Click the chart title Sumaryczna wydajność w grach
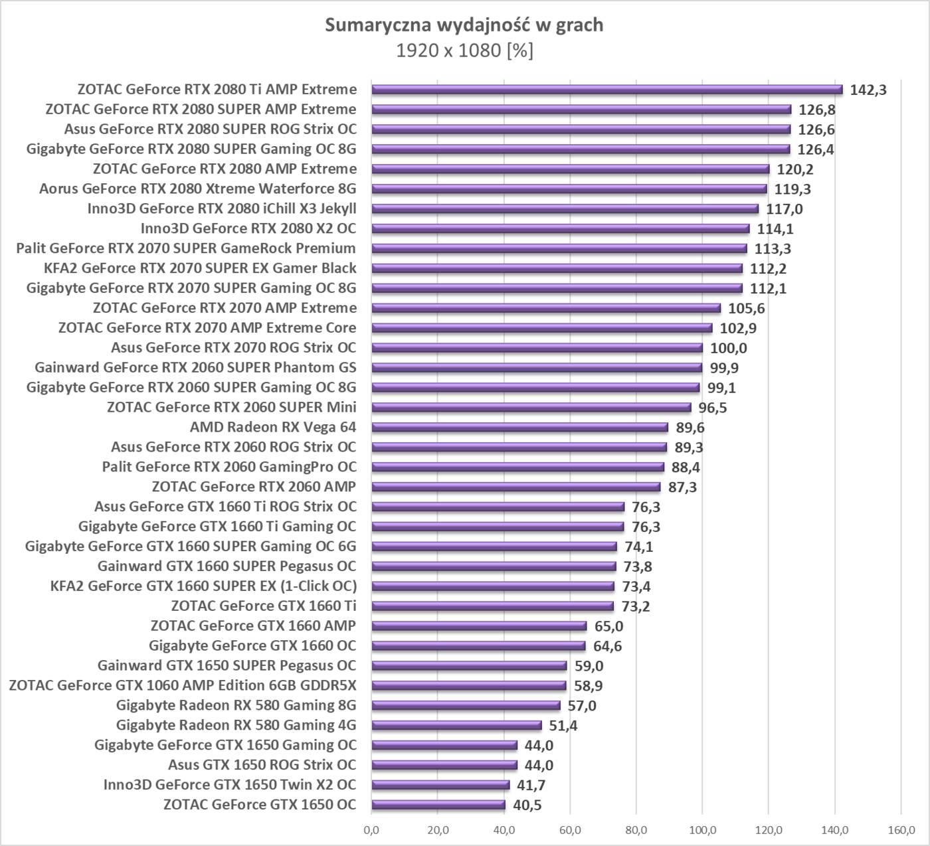coord(464,25)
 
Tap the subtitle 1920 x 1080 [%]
coord(464,50)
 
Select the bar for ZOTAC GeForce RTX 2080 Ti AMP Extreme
coord(606,89)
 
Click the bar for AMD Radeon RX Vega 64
coord(519,427)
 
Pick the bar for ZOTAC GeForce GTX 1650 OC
coord(438,805)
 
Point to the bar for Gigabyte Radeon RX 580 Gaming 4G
coord(456,725)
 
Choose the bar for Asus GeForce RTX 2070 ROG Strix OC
coord(537,347)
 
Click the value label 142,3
coord(868,90)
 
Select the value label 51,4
coord(563,726)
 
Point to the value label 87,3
coord(682,487)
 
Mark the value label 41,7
coord(531,785)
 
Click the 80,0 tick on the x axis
coord(636,829)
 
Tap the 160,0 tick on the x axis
coord(900,829)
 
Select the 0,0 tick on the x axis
coord(371,829)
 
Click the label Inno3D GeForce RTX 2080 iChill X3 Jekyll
coord(222,209)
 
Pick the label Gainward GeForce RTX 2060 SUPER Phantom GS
coord(195,367)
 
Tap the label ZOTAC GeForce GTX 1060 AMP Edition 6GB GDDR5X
coord(183,685)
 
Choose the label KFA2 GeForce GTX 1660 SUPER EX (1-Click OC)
coord(203,586)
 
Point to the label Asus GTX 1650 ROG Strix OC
coord(262,764)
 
